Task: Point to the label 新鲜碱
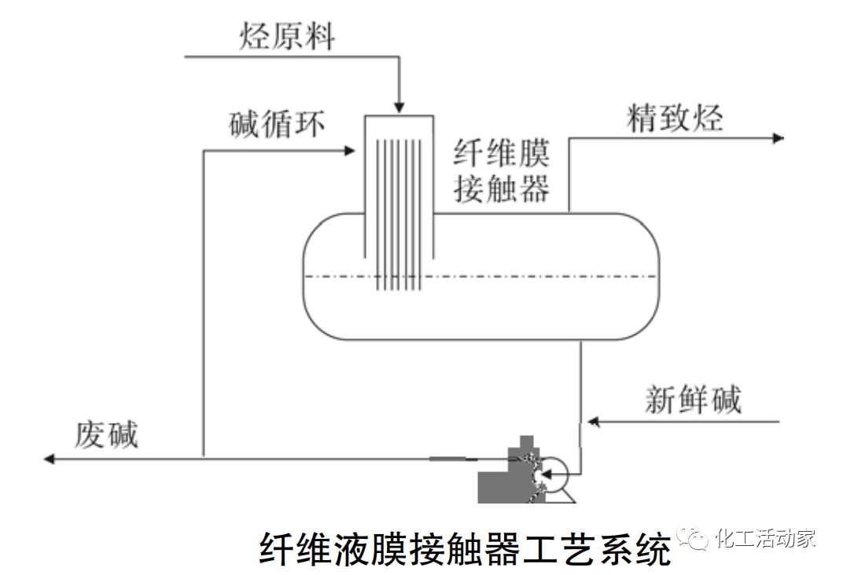[693, 400]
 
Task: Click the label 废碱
[106, 434]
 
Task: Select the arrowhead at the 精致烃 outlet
[778, 138]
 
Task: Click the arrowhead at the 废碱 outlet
[50, 458]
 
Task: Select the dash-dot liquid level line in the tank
[550, 277]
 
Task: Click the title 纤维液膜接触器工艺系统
[465, 548]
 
